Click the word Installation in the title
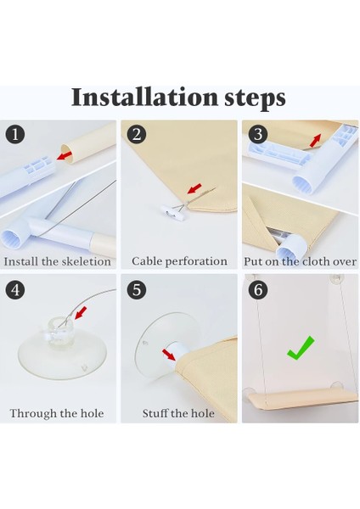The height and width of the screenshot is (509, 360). coord(144,97)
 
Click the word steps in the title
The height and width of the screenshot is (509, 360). coord(255,98)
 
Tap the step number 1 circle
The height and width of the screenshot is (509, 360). coord(15,134)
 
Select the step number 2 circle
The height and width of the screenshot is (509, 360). coord(137,134)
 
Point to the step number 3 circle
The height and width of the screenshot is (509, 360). coord(258,134)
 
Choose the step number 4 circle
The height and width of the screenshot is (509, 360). coord(15,289)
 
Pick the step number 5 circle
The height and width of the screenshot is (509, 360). coord(137,289)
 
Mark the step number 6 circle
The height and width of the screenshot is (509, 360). coord(258,289)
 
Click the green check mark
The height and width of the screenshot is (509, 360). coord(301,348)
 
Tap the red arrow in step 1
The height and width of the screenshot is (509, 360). coord(65,155)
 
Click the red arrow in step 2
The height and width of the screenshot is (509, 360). coord(194,188)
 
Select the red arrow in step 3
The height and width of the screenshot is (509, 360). coord(315,140)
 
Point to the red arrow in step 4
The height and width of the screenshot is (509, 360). coord(81,313)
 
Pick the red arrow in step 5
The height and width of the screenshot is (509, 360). coord(169,355)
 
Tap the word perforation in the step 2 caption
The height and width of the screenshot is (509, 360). coord(198,261)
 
